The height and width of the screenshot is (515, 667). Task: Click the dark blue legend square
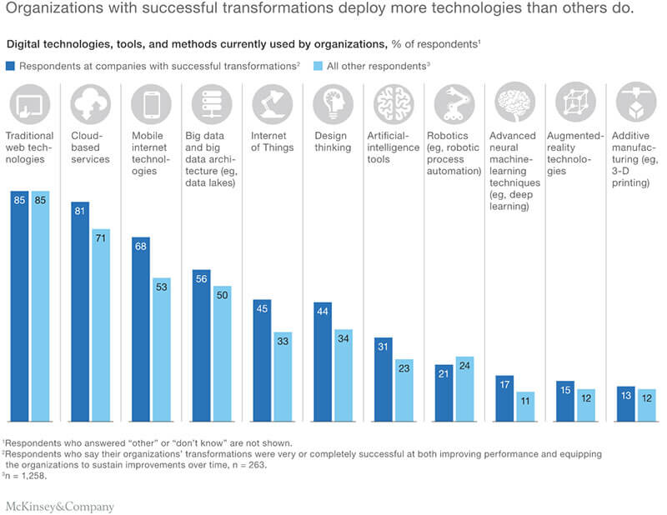click(10, 64)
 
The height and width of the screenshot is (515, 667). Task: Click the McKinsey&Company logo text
click(59, 504)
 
